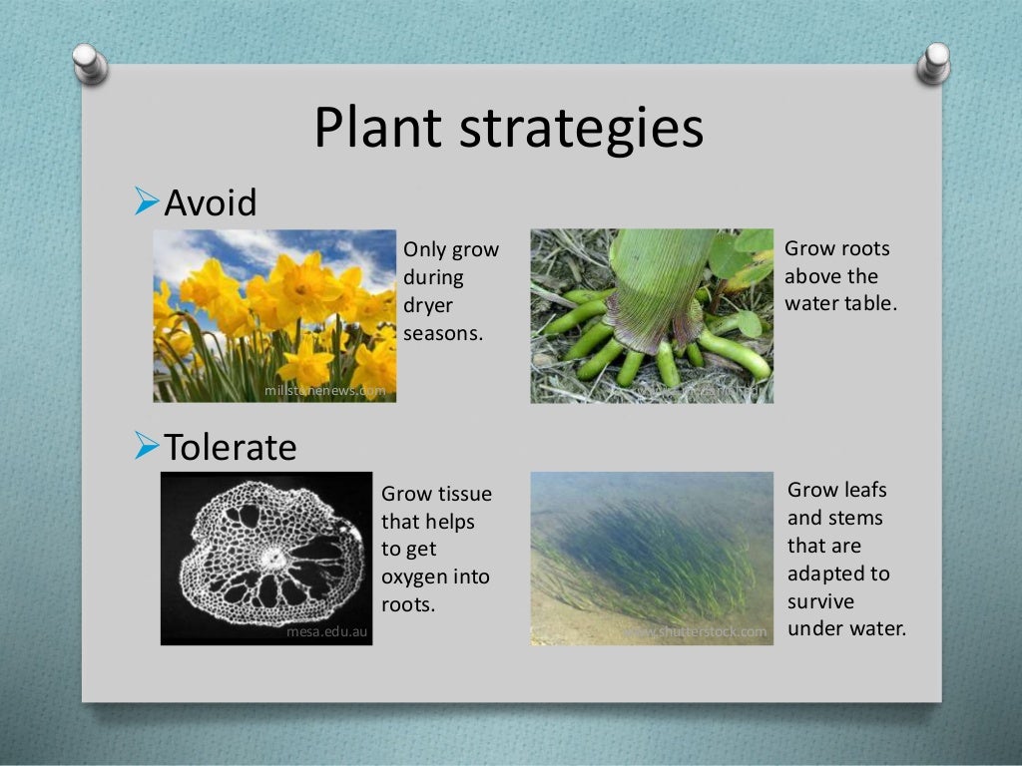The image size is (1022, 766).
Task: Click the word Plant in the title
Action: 376,129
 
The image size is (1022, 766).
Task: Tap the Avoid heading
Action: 210,203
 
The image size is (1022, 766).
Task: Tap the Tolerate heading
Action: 230,447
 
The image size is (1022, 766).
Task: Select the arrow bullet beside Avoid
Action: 146,203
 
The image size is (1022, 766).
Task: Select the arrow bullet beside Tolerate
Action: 146,447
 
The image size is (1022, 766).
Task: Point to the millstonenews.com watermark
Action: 324,391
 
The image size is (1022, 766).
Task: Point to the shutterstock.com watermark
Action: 699,631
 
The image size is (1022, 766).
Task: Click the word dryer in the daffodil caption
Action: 427,306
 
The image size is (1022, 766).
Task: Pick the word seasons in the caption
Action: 443,334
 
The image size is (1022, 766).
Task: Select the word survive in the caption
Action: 820,602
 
